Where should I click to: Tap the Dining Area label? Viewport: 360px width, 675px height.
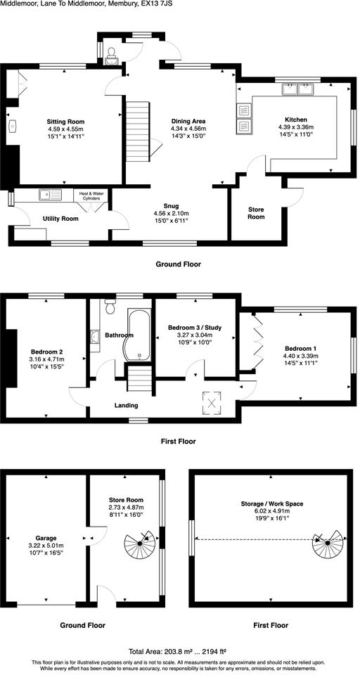point(188,121)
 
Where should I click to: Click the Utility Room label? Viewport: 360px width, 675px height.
point(60,219)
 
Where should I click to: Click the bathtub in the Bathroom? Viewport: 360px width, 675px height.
point(138,333)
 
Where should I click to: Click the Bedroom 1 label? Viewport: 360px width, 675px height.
point(301,349)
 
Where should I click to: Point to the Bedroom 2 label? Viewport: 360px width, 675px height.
point(47,352)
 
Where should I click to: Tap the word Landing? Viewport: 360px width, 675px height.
point(127,405)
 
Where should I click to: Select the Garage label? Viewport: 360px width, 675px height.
point(46,538)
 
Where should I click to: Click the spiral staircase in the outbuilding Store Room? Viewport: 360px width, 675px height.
point(140,544)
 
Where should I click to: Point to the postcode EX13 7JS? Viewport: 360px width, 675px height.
point(154,4)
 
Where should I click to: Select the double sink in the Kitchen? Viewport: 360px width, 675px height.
point(298,89)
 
